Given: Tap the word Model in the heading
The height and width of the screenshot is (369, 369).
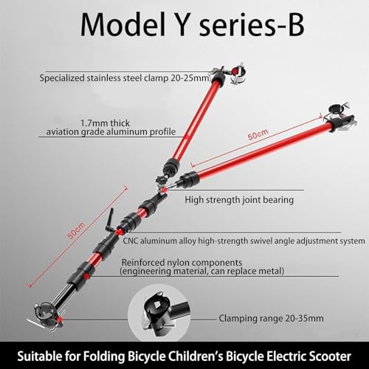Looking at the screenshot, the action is (x=123, y=24).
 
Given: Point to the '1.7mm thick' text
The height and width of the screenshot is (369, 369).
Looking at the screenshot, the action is (x=105, y=123).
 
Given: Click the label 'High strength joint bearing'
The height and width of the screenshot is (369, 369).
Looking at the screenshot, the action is (x=239, y=200).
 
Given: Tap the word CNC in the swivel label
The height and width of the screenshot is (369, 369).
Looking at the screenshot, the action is (x=131, y=241).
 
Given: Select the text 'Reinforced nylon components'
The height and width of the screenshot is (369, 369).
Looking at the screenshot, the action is (x=182, y=262).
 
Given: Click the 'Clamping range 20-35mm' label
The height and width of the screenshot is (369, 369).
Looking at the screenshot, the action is (x=271, y=318).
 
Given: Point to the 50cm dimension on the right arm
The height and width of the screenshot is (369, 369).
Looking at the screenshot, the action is (x=258, y=134).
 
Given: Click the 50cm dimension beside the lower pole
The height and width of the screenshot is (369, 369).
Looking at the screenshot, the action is (x=77, y=230).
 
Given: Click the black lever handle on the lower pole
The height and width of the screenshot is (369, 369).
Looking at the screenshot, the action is (x=109, y=220).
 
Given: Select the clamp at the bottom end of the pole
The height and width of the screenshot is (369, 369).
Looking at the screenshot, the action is (x=46, y=317).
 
